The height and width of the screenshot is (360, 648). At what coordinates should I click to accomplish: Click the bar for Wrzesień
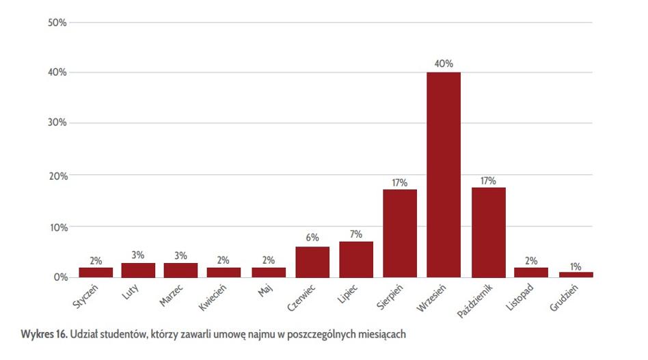pyautogui.click(x=443, y=174)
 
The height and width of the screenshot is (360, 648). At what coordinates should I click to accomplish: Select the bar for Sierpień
pyautogui.click(x=400, y=233)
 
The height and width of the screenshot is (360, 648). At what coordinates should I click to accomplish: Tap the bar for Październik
pyautogui.click(x=488, y=232)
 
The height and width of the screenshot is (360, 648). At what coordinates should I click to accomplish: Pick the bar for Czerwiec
pyautogui.click(x=312, y=262)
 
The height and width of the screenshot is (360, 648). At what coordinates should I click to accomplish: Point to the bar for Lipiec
pyautogui.click(x=356, y=260)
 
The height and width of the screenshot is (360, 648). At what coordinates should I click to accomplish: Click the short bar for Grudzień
pyautogui.click(x=576, y=274)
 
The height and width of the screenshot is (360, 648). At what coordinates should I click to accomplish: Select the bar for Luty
pyautogui.click(x=138, y=270)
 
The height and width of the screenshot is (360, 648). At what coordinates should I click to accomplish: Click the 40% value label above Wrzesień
pyautogui.click(x=444, y=64)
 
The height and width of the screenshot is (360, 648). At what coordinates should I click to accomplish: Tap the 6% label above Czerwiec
pyautogui.click(x=312, y=238)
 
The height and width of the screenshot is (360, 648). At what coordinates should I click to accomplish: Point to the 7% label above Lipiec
pyautogui.click(x=356, y=234)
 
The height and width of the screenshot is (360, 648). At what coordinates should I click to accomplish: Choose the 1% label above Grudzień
pyautogui.click(x=576, y=266)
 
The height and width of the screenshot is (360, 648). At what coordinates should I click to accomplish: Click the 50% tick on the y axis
pyautogui.click(x=57, y=23)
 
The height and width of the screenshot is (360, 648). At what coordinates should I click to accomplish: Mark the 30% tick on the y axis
pyautogui.click(x=57, y=123)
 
